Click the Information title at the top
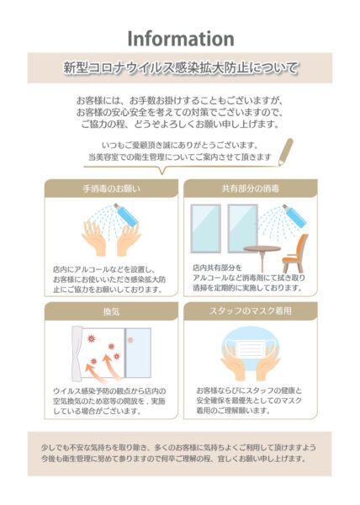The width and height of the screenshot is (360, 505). (180, 38)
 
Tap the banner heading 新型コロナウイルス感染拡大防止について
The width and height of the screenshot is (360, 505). (180, 66)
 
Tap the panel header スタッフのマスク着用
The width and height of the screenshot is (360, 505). (250, 311)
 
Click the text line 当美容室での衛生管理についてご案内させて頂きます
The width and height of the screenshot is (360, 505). (180, 157)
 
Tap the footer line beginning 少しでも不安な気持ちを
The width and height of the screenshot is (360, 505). (180, 447)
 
